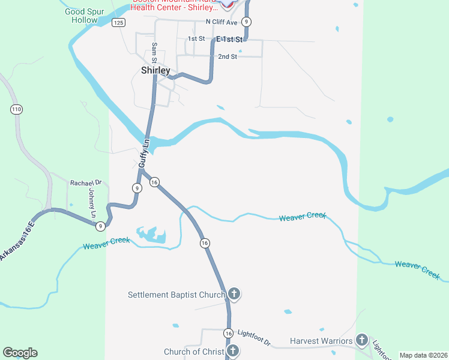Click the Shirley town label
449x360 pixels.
click(155, 70)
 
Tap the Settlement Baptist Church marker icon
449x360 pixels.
click(234, 294)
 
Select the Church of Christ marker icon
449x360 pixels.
click(233, 351)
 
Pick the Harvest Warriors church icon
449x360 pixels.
click(361, 340)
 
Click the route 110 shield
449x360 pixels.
click(16, 109)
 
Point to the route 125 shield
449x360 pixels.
click(118, 22)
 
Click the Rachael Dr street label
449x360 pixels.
click(86, 182)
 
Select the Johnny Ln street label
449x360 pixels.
click(92, 204)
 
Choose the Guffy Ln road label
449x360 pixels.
click(143, 153)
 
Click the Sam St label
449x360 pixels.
click(154, 53)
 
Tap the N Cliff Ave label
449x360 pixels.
click(222, 22)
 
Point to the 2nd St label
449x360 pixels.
click(228, 56)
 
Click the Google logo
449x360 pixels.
click(20, 352)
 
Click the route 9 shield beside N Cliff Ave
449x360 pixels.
click(246, 22)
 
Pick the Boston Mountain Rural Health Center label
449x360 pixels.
click(175, 4)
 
